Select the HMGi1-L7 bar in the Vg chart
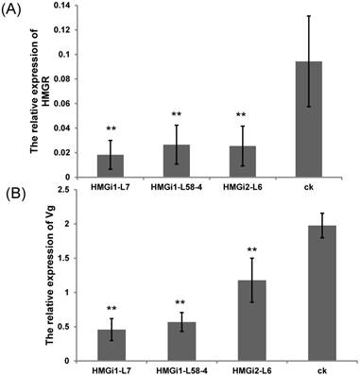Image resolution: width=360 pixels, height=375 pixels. [x=111, y=345]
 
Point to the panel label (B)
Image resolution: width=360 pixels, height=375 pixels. [x=16, y=194]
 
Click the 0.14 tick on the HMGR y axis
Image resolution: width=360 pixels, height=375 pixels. [x=60, y=6]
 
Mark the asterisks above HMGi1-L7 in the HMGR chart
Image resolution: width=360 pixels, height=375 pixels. [x=111, y=129]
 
